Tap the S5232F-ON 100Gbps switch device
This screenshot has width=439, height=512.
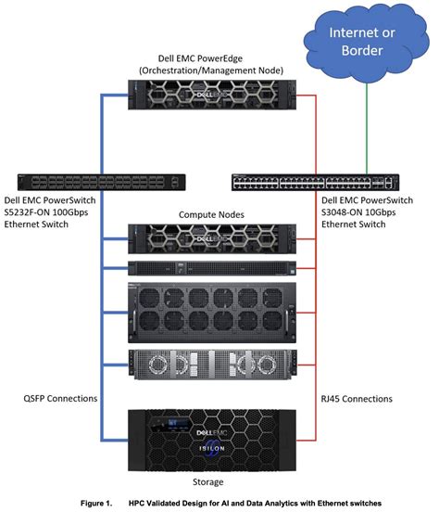[74, 182]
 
